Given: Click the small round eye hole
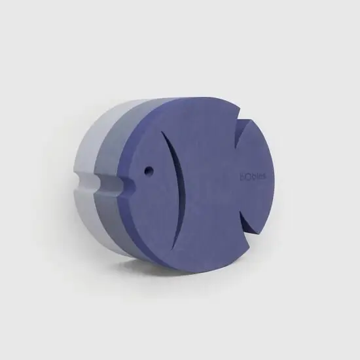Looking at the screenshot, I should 149,170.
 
